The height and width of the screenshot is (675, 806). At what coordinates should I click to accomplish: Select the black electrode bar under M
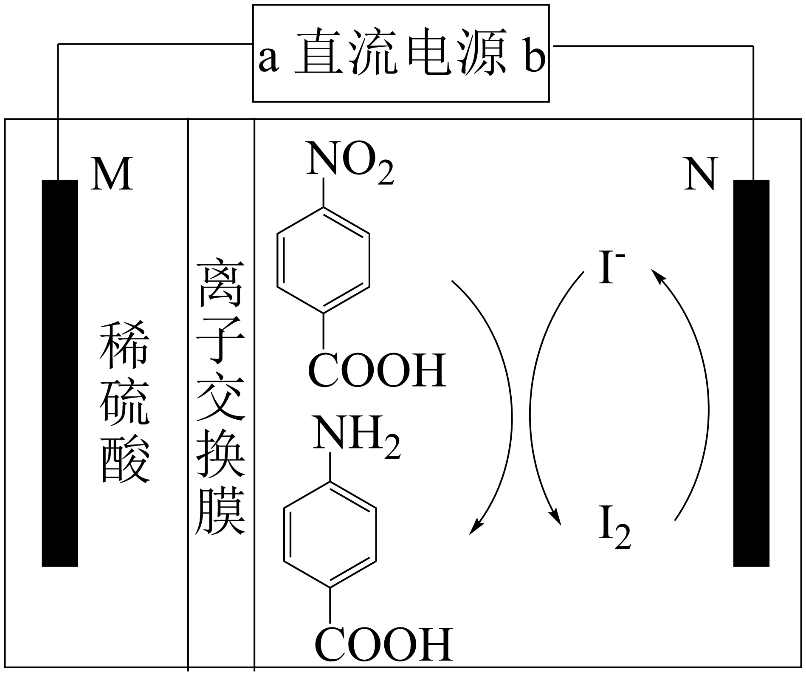pos(60,373)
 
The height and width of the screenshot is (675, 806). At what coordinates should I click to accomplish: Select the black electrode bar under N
pos(752,373)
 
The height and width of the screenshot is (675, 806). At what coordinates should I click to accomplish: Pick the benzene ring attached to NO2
pos(324,260)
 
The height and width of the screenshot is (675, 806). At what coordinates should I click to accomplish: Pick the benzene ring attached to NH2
pos(330,535)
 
